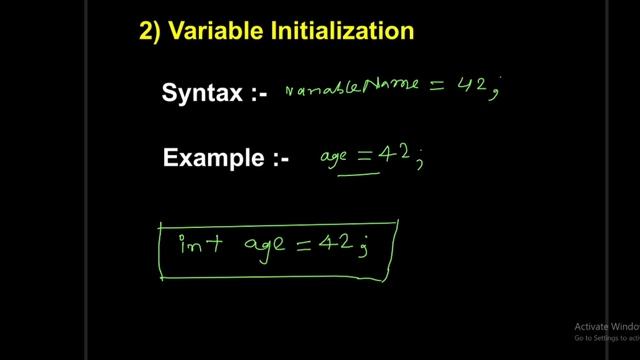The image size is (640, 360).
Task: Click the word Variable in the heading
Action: click(x=210, y=31)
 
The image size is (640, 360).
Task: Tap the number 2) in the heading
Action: click(x=150, y=31)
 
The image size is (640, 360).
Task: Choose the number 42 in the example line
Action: click(x=398, y=153)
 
